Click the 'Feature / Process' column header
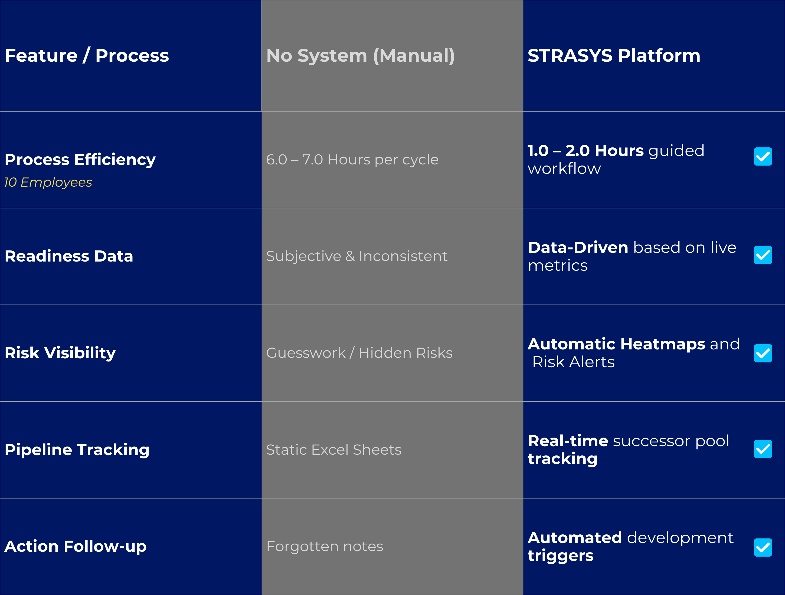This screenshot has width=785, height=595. [87, 56]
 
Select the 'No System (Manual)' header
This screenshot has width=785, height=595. [360, 56]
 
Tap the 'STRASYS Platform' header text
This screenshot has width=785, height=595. [614, 56]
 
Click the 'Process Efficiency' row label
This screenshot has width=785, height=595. [80, 160]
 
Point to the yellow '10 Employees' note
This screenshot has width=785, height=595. [48, 182]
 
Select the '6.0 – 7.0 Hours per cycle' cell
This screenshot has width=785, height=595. [352, 160]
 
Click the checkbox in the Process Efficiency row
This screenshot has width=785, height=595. [763, 156]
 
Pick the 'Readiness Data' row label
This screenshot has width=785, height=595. [69, 256]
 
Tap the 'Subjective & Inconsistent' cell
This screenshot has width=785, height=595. [357, 256]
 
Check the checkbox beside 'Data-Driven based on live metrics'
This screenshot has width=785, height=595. [763, 255]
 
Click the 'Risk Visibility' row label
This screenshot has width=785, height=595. [60, 353]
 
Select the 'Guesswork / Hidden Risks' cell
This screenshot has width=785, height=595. [359, 353]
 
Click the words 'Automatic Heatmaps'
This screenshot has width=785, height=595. [616, 344]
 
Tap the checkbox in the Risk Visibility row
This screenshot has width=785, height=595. [763, 353]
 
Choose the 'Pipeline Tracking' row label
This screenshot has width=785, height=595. [77, 449]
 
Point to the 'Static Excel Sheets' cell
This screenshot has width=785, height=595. [333, 449]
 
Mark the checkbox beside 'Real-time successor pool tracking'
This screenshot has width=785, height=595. [763, 449]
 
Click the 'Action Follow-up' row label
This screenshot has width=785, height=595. [76, 546]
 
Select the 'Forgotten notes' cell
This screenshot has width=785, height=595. [325, 546]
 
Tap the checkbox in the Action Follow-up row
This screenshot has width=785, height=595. [763, 547]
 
